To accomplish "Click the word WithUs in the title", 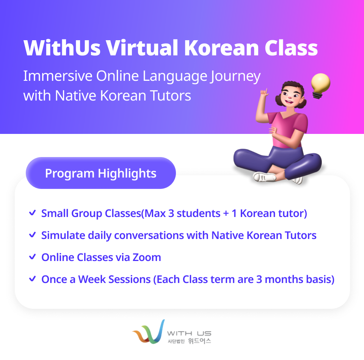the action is click(x=62, y=48).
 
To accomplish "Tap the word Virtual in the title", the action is click(x=142, y=48).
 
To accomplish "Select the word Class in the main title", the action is click(x=291, y=48).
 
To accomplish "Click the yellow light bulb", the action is click(x=320, y=85).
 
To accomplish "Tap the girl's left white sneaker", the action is click(x=265, y=177).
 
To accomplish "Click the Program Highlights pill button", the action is click(x=101, y=173).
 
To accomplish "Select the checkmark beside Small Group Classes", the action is click(x=32, y=213).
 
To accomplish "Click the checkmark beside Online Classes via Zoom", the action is click(x=32, y=257).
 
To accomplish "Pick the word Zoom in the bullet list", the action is click(x=147, y=257).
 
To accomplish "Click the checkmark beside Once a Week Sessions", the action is click(x=32, y=279).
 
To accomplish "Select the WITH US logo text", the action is click(x=189, y=333).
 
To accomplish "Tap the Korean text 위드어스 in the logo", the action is click(x=199, y=341).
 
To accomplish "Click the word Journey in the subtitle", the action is click(x=235, y=77).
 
